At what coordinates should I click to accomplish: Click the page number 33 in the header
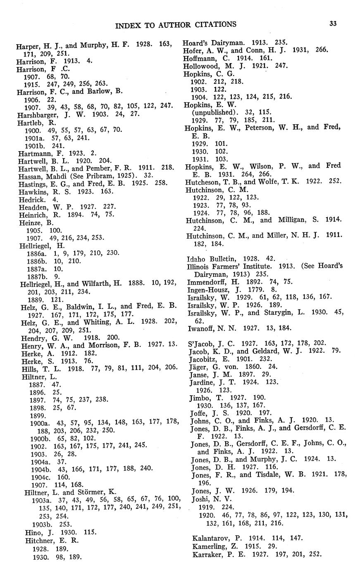point(333,24)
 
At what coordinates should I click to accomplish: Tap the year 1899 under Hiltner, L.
point(38,416)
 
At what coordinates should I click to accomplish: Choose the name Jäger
point(199,366)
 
